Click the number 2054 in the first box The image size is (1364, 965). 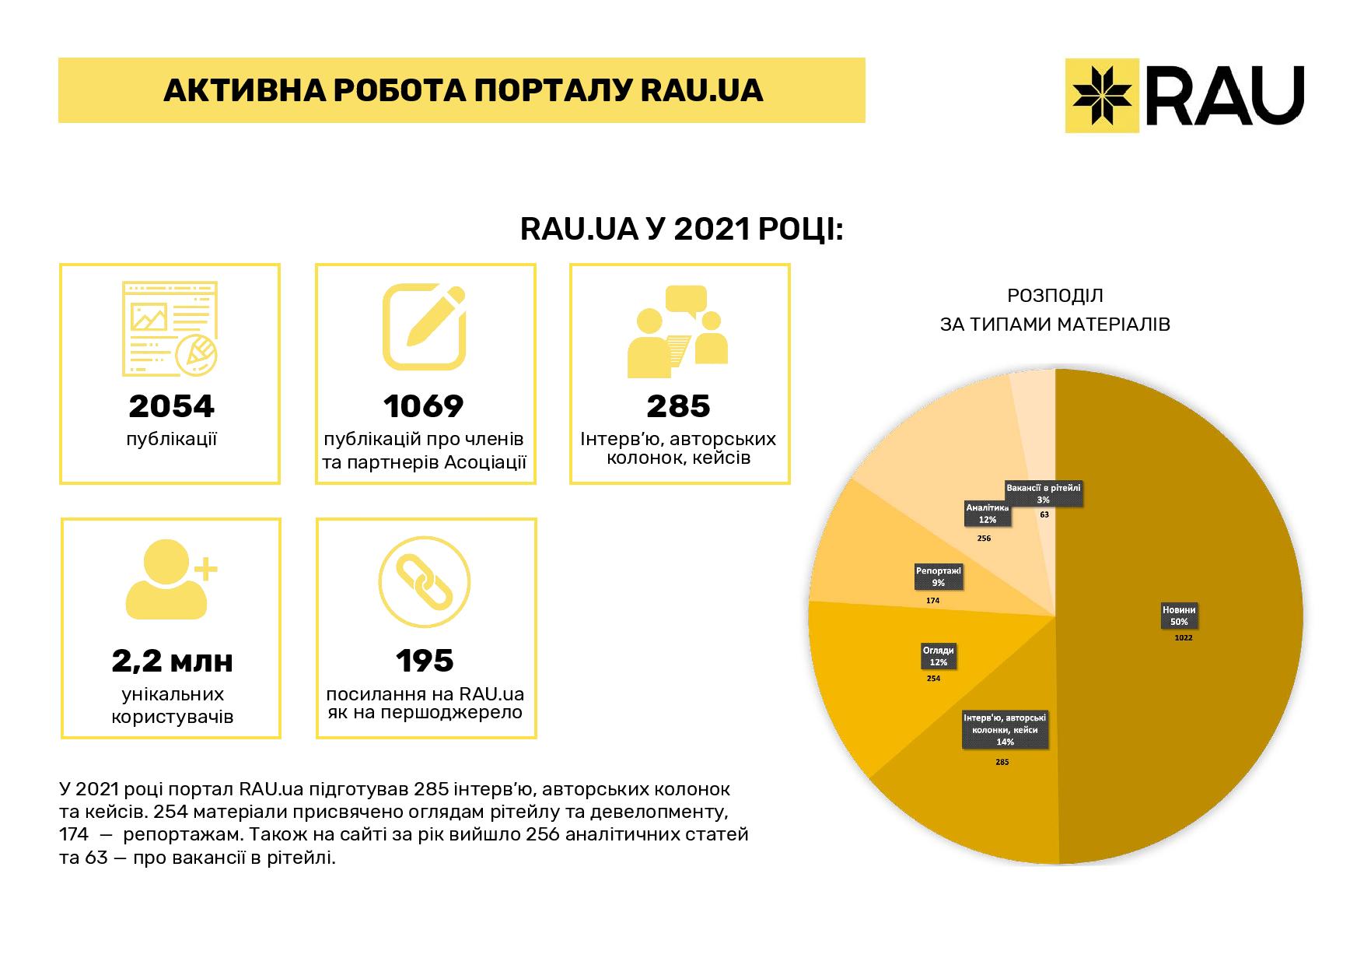point(171,406)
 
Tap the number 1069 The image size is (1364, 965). point(425,406)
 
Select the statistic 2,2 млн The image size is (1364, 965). point(172,661)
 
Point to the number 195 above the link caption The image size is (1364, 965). point(425,661)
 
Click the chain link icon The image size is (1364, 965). point(425,583)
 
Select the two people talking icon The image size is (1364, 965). point(678,330)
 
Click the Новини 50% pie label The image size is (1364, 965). point(1179,616)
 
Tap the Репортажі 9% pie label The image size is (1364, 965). point(939,577)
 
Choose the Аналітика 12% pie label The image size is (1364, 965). point(988,514)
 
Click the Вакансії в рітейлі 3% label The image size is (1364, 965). point(1043,494)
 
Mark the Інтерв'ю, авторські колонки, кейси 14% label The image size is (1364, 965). point(1005,730)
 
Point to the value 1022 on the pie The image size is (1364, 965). point(1184,638)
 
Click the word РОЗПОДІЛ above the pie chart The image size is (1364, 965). point(1054,297)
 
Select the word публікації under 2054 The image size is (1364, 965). point(171,440)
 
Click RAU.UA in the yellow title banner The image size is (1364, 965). point(701,91)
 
